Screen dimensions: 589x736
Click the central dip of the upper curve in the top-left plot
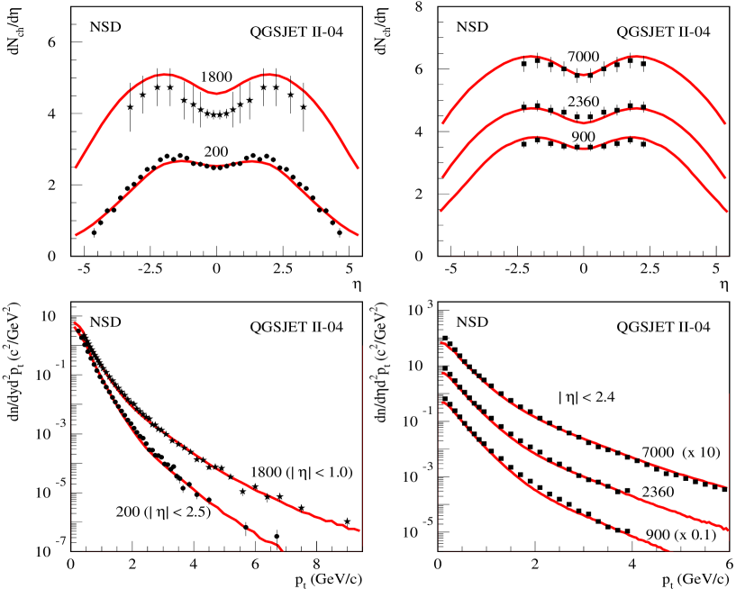click(x=216, y=93)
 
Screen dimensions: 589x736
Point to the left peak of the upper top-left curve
click(x=165, y=75)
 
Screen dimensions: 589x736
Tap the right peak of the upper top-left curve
click(x=268, y=75)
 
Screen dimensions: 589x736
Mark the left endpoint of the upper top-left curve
click(x=75, y=168)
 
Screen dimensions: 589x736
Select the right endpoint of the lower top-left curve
click(x=359, y=236)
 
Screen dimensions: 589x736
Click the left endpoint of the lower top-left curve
click(x=75, y=236)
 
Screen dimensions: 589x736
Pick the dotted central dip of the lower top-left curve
click(x=216, y=166)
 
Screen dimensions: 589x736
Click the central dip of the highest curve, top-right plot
click(x=584, y=75)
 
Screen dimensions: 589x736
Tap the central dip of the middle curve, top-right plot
click(x=584, y=122)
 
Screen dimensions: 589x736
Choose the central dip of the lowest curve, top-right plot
click(x=584, y=149)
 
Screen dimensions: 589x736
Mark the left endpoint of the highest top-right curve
click(x=441, y=123)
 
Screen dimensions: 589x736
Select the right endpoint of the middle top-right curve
click(x=726, y=178)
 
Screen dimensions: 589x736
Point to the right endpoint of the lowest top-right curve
click(x=727, y=213)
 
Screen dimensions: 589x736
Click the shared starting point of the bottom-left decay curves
click(x=75, y=323)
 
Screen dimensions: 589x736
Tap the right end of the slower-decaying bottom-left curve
click(x=359, y=530)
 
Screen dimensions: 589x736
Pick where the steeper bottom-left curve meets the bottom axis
click(x=284, y=549)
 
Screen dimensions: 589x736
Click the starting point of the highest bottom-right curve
click(x=441, y=343)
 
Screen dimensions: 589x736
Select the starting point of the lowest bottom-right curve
click(x=441, y=403)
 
